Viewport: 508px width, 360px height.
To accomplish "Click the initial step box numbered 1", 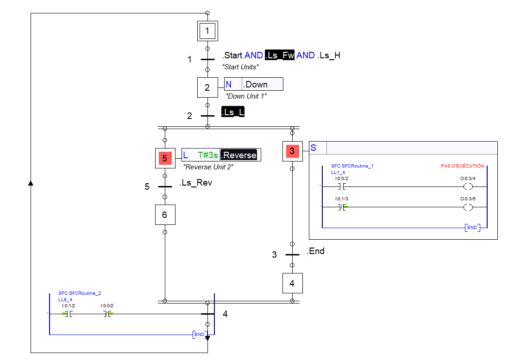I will (x=207, y=31).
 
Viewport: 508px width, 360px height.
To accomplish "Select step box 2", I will (x=207, y=87).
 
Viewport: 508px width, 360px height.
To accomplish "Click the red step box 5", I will (x=165, y=158).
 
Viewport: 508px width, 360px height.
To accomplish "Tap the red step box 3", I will (x=292, y=151).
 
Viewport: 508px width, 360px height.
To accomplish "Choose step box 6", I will (x=165, y=215).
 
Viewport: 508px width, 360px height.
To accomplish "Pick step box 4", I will (x=292, y=283).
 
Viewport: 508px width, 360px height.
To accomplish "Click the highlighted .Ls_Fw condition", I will (x=280, y=56).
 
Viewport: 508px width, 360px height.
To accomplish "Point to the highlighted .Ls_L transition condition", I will (x=233, y=113).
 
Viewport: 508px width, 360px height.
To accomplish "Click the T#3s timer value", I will (x=207, y=155).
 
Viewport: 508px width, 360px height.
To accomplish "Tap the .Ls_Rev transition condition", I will (x=195, y=183).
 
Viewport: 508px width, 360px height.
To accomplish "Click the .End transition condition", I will (x=315, y=251).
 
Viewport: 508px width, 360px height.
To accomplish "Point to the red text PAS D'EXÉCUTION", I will (x=462, y=166).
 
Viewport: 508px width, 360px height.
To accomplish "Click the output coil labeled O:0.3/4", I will (x=468, y=187).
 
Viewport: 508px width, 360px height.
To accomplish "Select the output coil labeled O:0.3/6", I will (x=468, y=207).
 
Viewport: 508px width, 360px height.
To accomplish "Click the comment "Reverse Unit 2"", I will (x=208, y=167).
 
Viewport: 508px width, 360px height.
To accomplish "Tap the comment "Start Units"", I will (x=240, y=67).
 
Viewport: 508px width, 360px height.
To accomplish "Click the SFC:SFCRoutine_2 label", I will (x=80, y=293).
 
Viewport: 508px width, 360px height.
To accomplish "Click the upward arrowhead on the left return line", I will (x=31, y=183).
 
